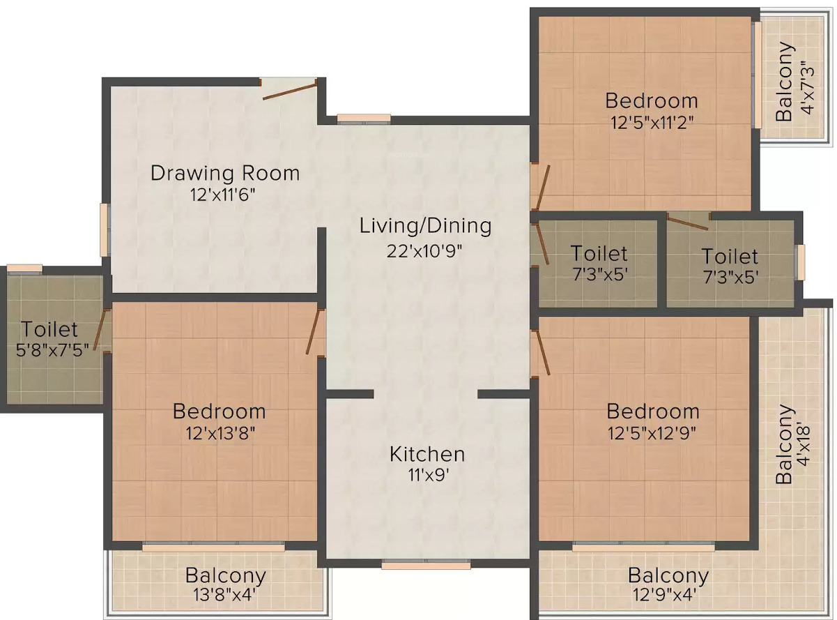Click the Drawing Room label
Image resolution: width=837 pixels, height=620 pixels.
click(225, 174)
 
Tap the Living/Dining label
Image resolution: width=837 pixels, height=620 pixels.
click(425, 226)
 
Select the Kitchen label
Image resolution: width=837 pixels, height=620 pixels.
click(427, 454)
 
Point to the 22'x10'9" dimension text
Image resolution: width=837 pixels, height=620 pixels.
click(424, 250)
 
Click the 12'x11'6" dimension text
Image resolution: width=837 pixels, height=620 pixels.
click(222, 195)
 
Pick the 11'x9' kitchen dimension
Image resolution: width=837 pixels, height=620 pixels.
click(429, 475)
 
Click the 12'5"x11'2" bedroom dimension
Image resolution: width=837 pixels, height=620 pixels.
click(652, 122)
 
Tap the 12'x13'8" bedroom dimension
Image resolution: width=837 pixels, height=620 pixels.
click(220, 433)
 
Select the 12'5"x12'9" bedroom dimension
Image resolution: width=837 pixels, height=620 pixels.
click(652, 433)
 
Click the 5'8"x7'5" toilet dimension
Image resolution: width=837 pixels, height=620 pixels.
click(52, 350)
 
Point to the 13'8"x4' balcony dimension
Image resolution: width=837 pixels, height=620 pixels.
click(225, 596)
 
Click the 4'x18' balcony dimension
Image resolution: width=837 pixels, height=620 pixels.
click(804, 446)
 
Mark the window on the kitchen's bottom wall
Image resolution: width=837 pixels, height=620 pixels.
click(426, 565)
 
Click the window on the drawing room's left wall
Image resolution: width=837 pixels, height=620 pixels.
click(105, 230)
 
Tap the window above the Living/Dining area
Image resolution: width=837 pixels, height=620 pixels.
click(364, 119)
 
